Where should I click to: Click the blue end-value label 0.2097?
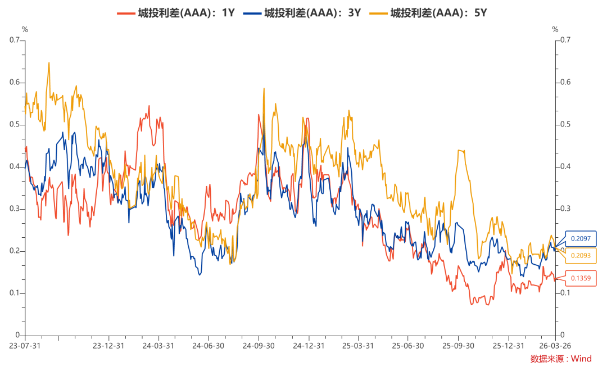581,239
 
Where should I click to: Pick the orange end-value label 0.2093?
581,256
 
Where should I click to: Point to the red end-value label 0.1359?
581,278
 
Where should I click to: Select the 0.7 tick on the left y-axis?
14,40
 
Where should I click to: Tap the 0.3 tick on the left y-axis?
14,209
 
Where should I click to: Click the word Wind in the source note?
581,359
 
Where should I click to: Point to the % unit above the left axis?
24,29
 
